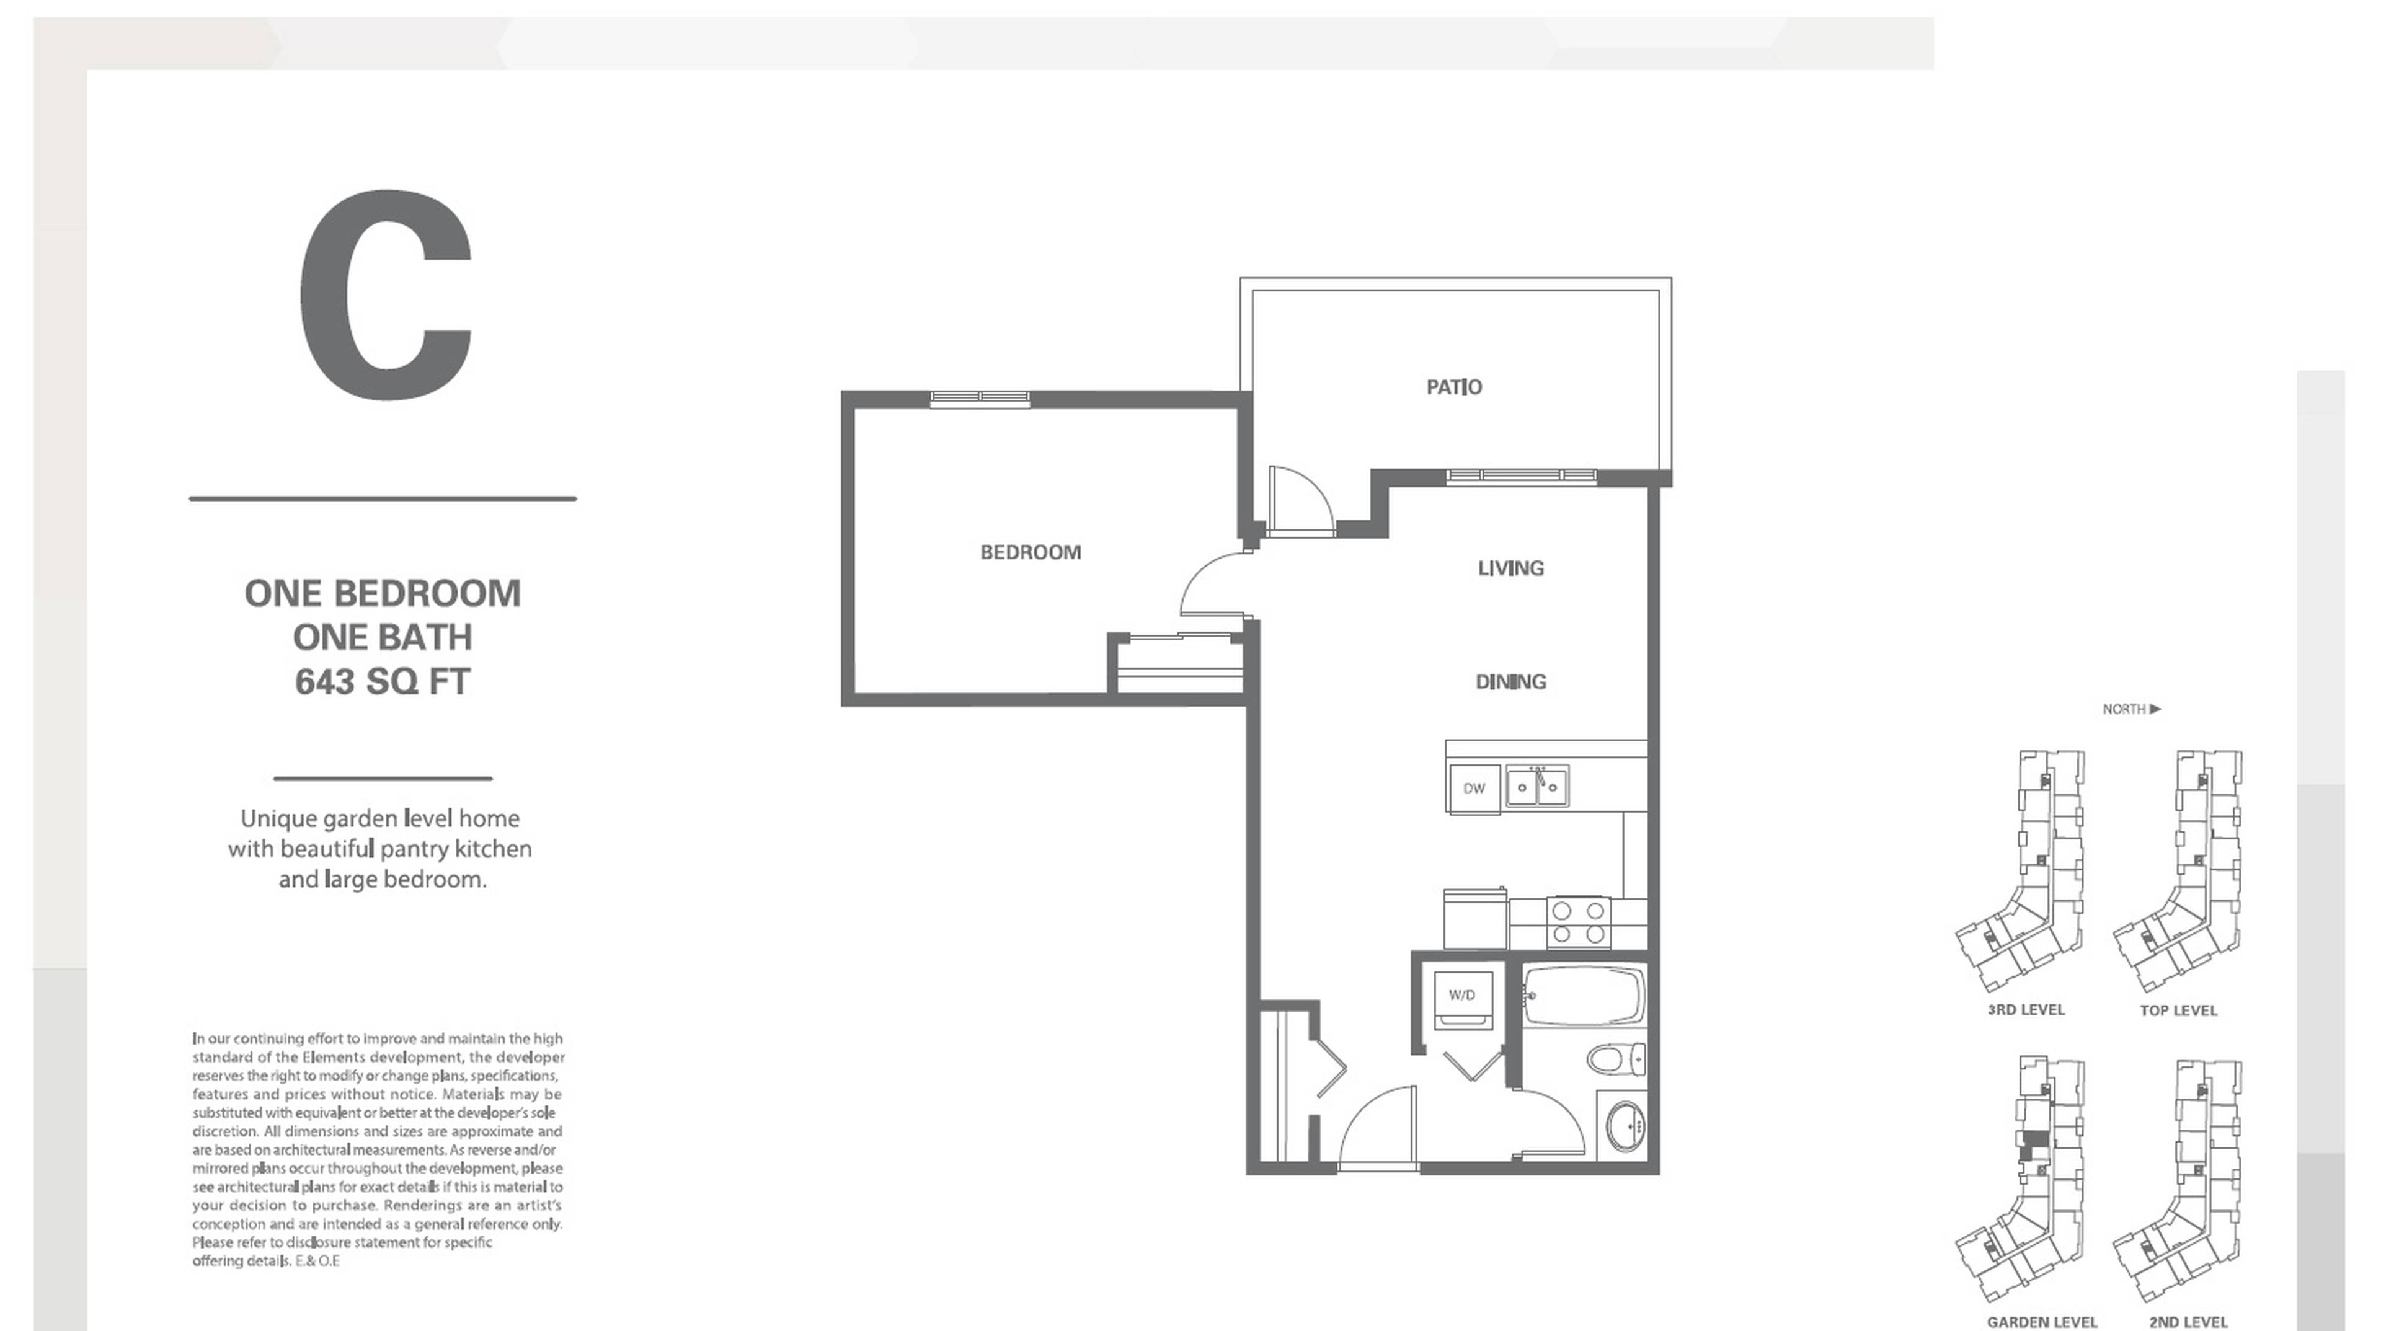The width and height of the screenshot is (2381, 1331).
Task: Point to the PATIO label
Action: tap(1454, 387)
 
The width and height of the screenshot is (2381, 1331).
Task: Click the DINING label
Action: tap(1510, 682)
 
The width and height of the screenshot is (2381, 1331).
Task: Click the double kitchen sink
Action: tap(1537, 787)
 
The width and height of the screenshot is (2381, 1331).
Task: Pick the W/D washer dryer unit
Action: tap(1462, 997)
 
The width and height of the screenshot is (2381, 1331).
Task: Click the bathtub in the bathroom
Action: tap(1584, 996)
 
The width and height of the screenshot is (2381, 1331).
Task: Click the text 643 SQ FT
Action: tap(383, 682)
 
